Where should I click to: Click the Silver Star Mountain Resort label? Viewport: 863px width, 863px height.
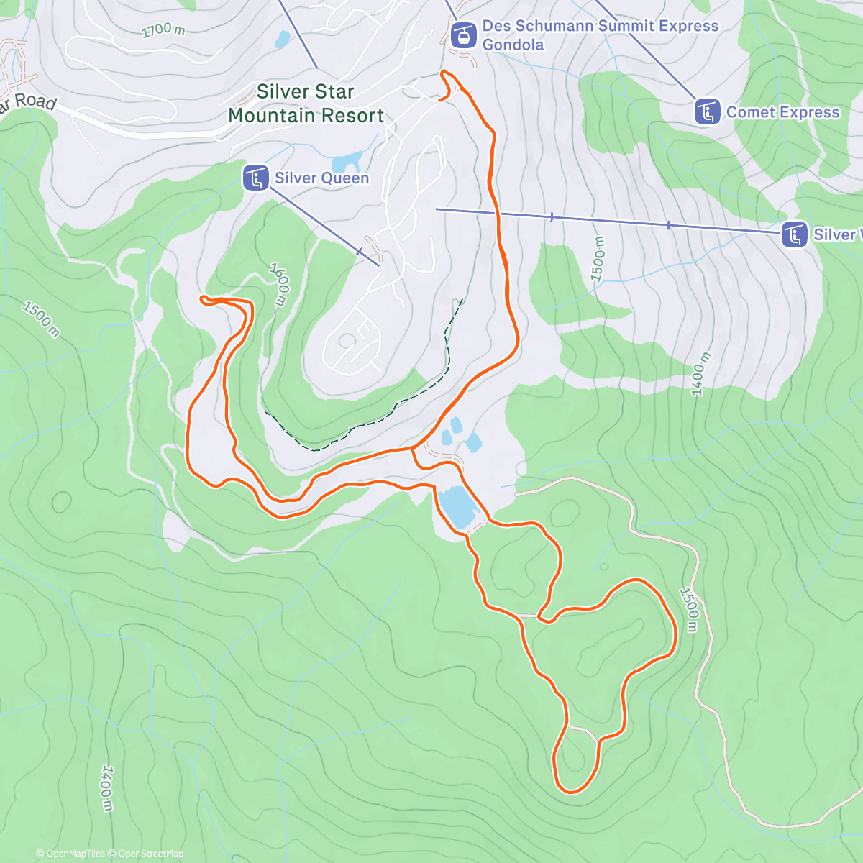tap(306, 104)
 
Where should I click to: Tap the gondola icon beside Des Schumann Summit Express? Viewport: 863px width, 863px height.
tap(464, 35)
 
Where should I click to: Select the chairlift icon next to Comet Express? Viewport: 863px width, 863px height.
tap(708, 111)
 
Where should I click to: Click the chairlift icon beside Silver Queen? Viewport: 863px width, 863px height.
tap(256, 178)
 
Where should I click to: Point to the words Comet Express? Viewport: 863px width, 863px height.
tap(782, 112)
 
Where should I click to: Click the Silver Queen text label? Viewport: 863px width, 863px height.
tap(321, 178)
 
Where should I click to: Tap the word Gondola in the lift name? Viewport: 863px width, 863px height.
tap(513, 45)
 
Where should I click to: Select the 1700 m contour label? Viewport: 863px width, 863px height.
tap(163, 30)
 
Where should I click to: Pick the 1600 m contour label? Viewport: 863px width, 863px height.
tap(280, 283)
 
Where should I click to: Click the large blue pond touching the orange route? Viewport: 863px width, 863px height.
tap(458, 506)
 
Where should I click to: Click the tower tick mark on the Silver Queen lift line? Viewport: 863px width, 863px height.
tap(359, 251)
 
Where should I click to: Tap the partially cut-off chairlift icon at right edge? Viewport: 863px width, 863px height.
tap(794, 234)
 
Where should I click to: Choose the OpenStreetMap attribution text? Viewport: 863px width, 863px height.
tap(151, 854)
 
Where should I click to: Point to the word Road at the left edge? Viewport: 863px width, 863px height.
tap(35, 101)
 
